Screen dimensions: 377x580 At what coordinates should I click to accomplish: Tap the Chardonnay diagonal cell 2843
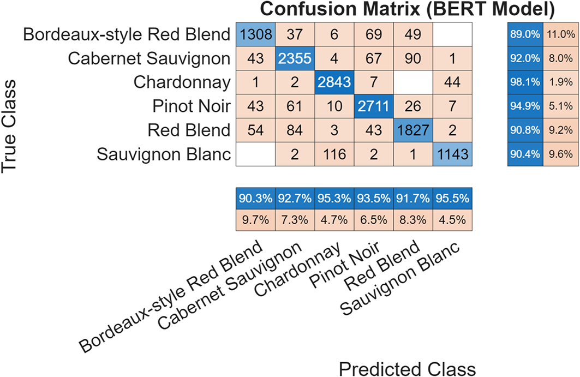[334, 83]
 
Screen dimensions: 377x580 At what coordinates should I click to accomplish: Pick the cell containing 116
[334, 154]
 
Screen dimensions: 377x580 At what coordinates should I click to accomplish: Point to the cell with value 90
[413, 59]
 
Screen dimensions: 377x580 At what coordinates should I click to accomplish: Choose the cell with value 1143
[452, 154]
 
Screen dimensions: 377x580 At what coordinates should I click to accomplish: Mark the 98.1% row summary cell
[525, 83]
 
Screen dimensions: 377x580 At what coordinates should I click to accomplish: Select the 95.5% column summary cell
[452, 199]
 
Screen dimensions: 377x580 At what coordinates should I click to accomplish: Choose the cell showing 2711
[374, 106]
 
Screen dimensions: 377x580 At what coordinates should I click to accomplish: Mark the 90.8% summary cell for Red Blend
[525, 130]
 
